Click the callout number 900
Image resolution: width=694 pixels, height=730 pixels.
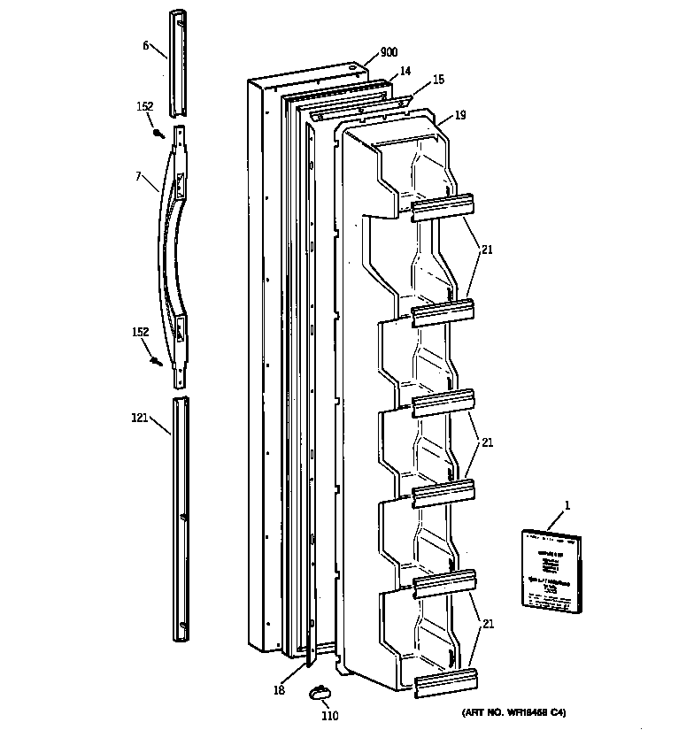pos(389,53)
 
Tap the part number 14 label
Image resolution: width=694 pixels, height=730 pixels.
pos(405,71)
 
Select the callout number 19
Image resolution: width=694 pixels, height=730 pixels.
pos(460,115)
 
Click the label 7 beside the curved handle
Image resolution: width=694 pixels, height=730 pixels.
pos(139,176)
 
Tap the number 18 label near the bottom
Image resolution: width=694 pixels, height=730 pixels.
pos(279,690)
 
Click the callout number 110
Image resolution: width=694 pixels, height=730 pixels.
pos(328,716)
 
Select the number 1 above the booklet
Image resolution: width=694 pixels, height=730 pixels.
pos(567,504)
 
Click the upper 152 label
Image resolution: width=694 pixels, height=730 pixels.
pos(145,107)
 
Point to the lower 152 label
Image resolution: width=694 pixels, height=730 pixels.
pos(142,333)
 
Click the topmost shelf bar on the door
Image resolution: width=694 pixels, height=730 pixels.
pos(443,205)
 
